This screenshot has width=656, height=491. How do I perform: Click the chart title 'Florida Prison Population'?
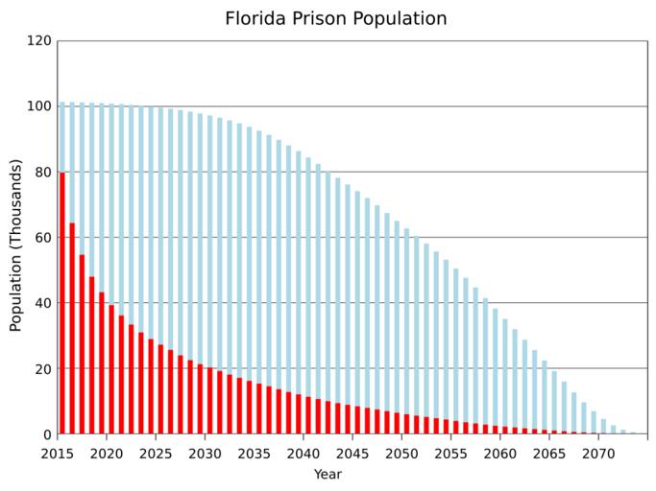(335, 19)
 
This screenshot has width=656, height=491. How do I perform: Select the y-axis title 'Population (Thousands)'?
(16, 245)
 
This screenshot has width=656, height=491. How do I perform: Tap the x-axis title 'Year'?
(328, 474)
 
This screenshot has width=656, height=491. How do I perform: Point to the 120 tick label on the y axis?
(39, 41)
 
